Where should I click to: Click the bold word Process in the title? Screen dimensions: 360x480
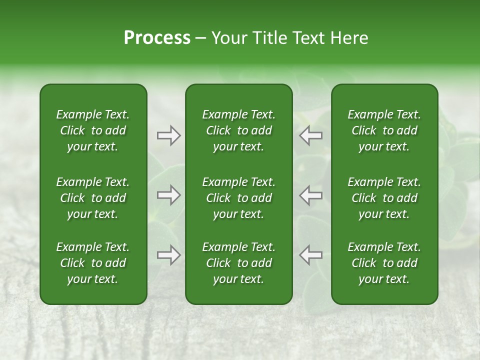point(157,38)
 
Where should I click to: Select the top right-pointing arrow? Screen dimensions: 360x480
point(168,135)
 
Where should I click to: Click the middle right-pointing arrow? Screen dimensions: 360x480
point(168,195)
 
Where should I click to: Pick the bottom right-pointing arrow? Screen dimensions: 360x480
point(168,255)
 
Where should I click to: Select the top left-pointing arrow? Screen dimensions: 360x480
point(311,135)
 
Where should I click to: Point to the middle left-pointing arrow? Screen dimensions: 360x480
point(311,195)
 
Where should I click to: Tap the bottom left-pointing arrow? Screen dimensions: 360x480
point(311,255)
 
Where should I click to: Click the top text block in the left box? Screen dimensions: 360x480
point(93,130)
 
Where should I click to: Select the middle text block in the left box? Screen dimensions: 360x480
point(93,198)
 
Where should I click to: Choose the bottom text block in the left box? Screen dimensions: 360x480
point(93,263)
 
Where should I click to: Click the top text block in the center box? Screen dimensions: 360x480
point(238,130)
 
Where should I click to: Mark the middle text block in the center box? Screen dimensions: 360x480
point(238,198)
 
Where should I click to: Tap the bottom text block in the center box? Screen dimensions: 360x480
point(238,263)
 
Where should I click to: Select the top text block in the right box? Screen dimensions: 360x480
point(384,130)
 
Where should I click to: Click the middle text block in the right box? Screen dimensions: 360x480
point(384,198)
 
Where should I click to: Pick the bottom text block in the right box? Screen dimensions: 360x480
point(384,263)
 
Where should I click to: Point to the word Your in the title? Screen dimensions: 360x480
point(227,38)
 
